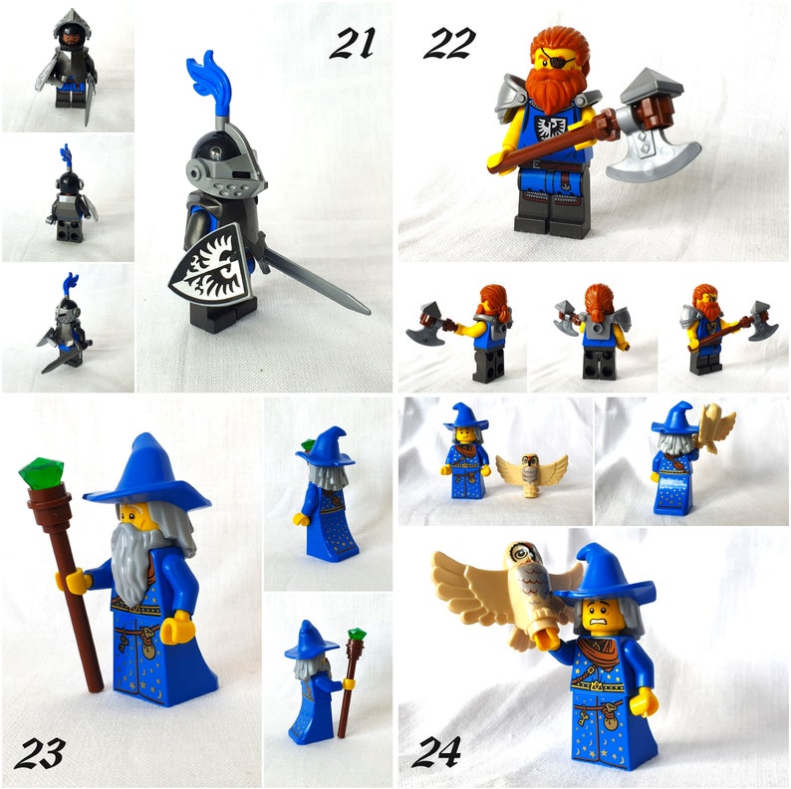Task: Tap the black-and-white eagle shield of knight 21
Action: (208, 263)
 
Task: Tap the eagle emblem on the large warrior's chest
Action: (551, 128)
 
